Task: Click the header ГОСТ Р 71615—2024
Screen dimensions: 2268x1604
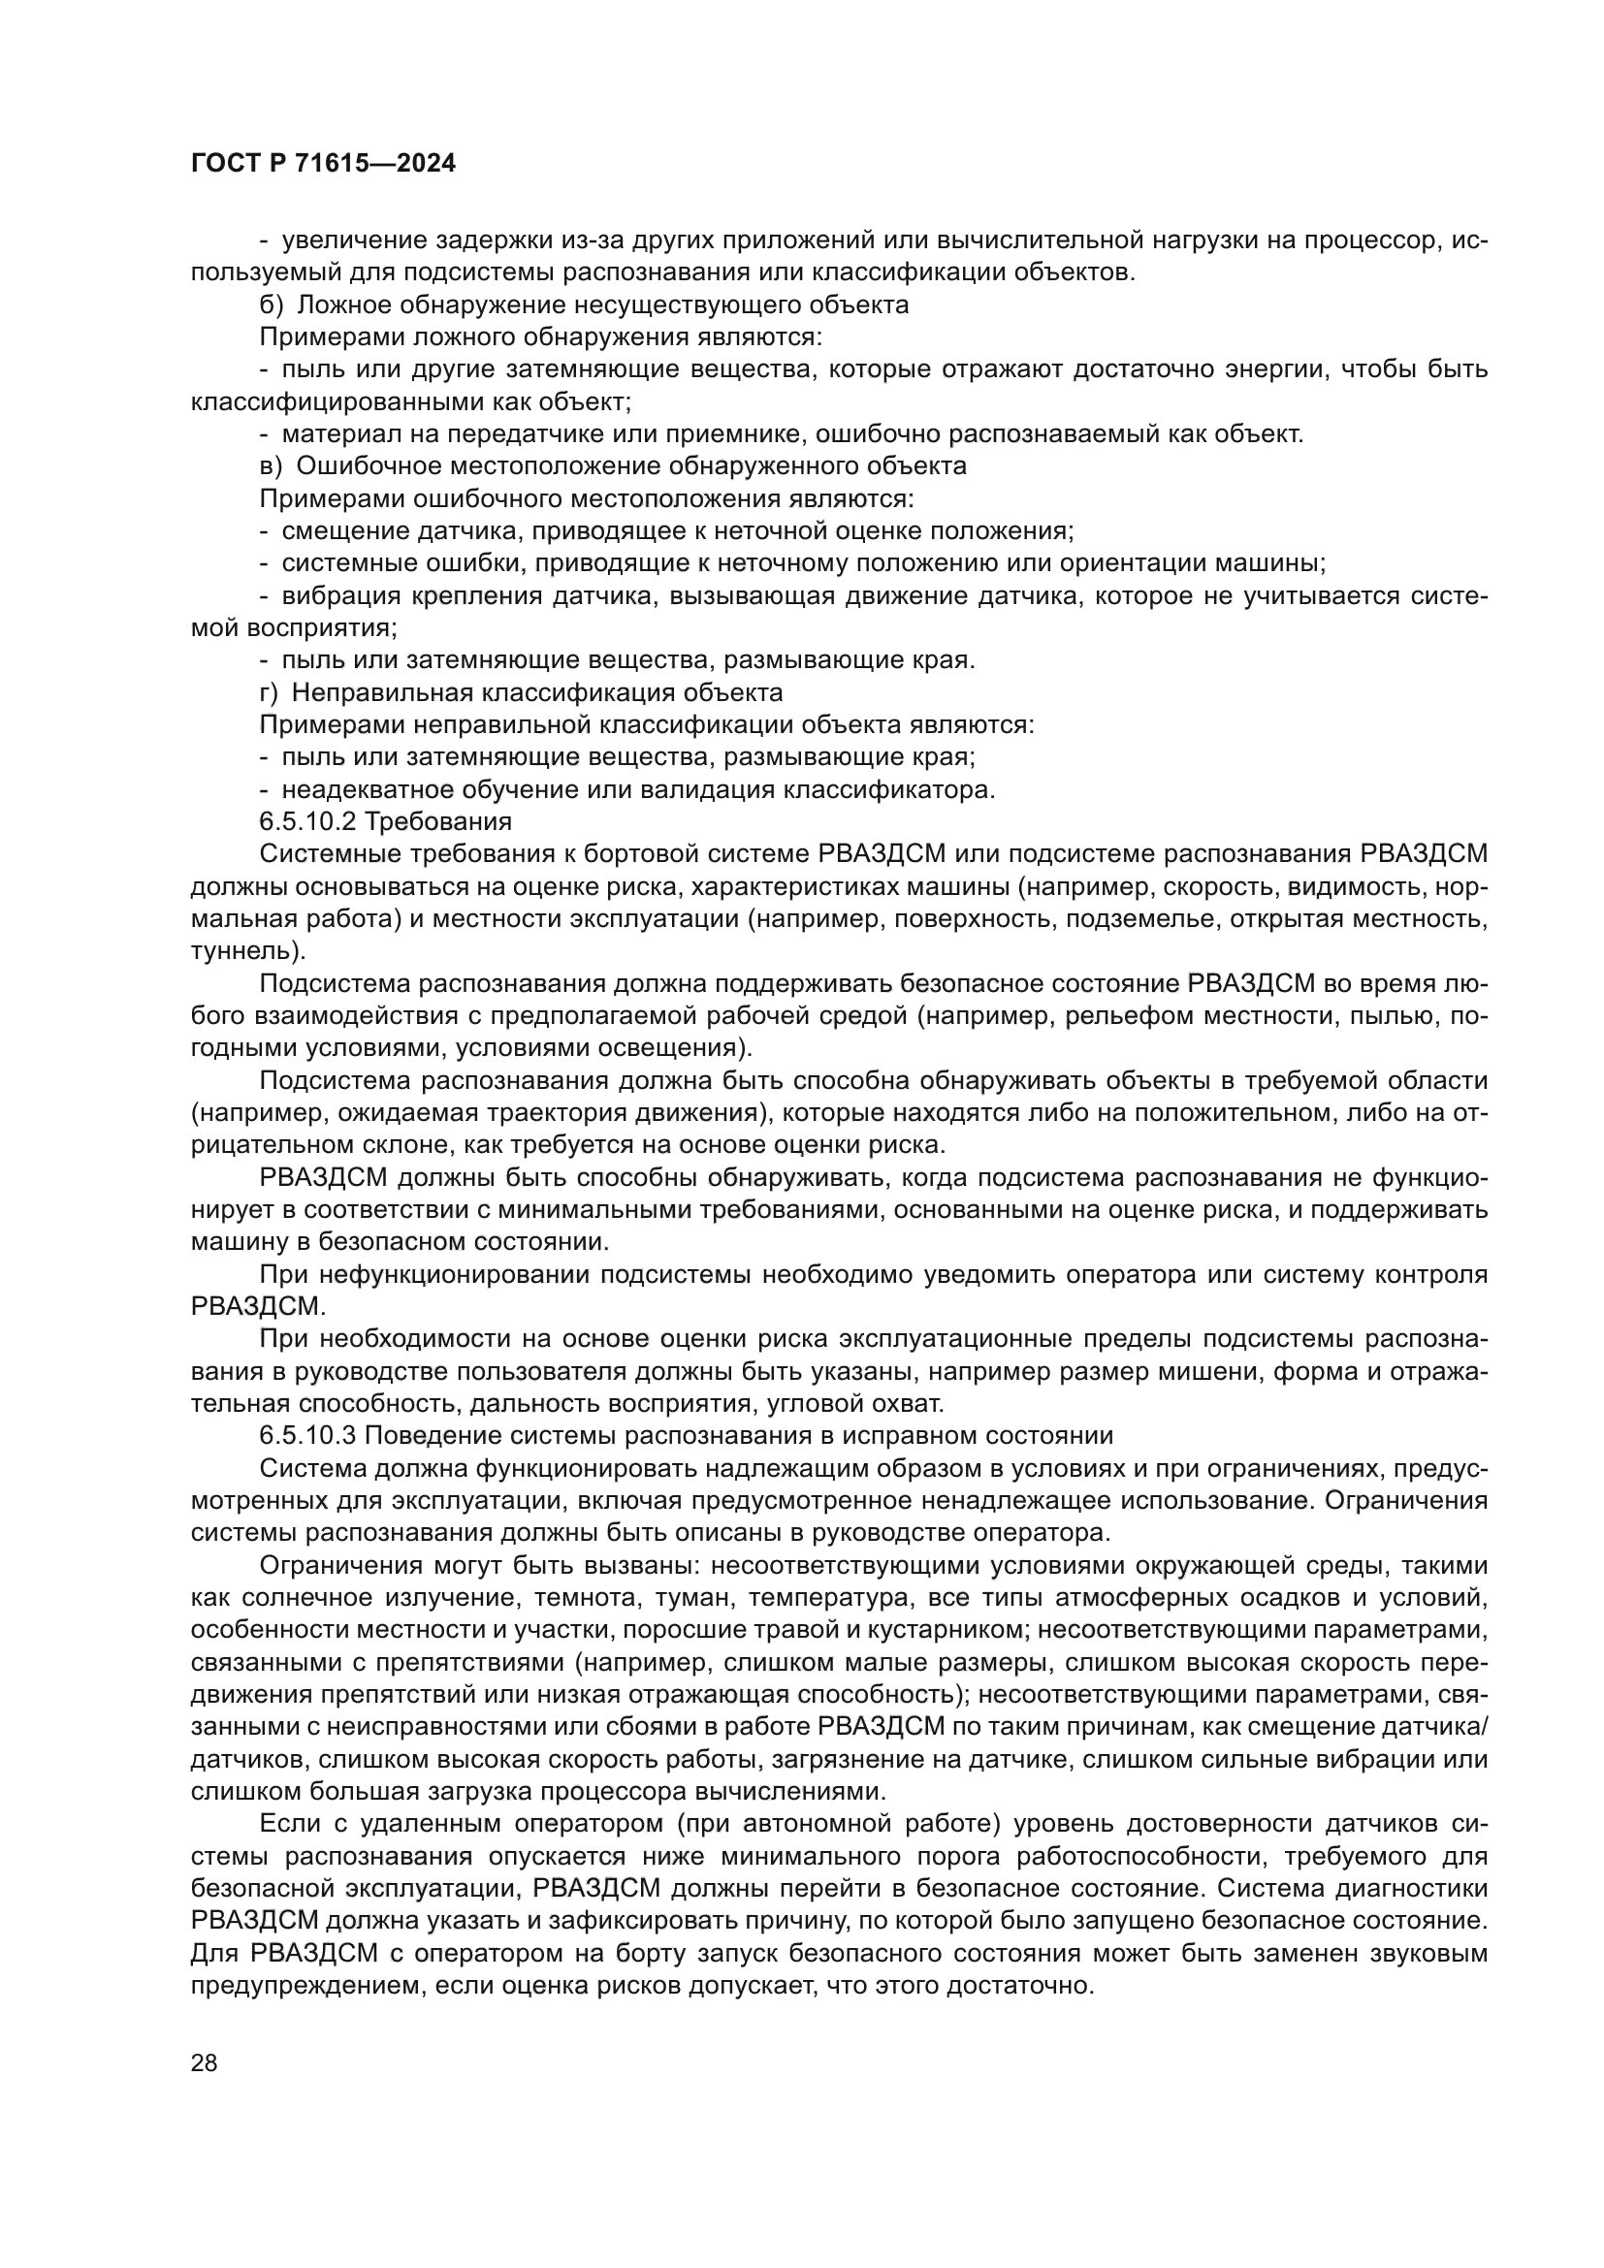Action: click(x=323, y=164)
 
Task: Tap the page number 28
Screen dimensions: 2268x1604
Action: click(x=205, y=2062)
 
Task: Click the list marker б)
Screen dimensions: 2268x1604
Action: click(x=271, y=305)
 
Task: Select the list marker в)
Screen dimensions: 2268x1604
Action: click(x=271, y=466)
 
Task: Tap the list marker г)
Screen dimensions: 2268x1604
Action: click(x=269, y=692)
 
